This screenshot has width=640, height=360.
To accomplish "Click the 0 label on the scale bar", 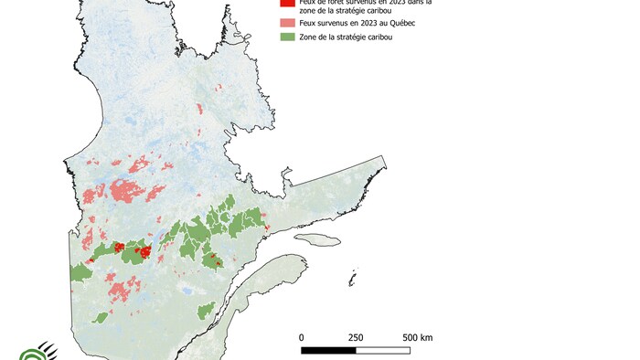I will (302, 337).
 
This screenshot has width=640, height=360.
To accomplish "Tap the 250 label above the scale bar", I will (355, 337).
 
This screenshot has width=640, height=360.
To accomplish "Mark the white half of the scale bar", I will (381, 349).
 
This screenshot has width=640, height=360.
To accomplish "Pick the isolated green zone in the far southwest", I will (100, 318).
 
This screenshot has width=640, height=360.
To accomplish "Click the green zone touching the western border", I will (80, 271).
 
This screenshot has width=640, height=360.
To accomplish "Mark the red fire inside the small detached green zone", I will (214, 259).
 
